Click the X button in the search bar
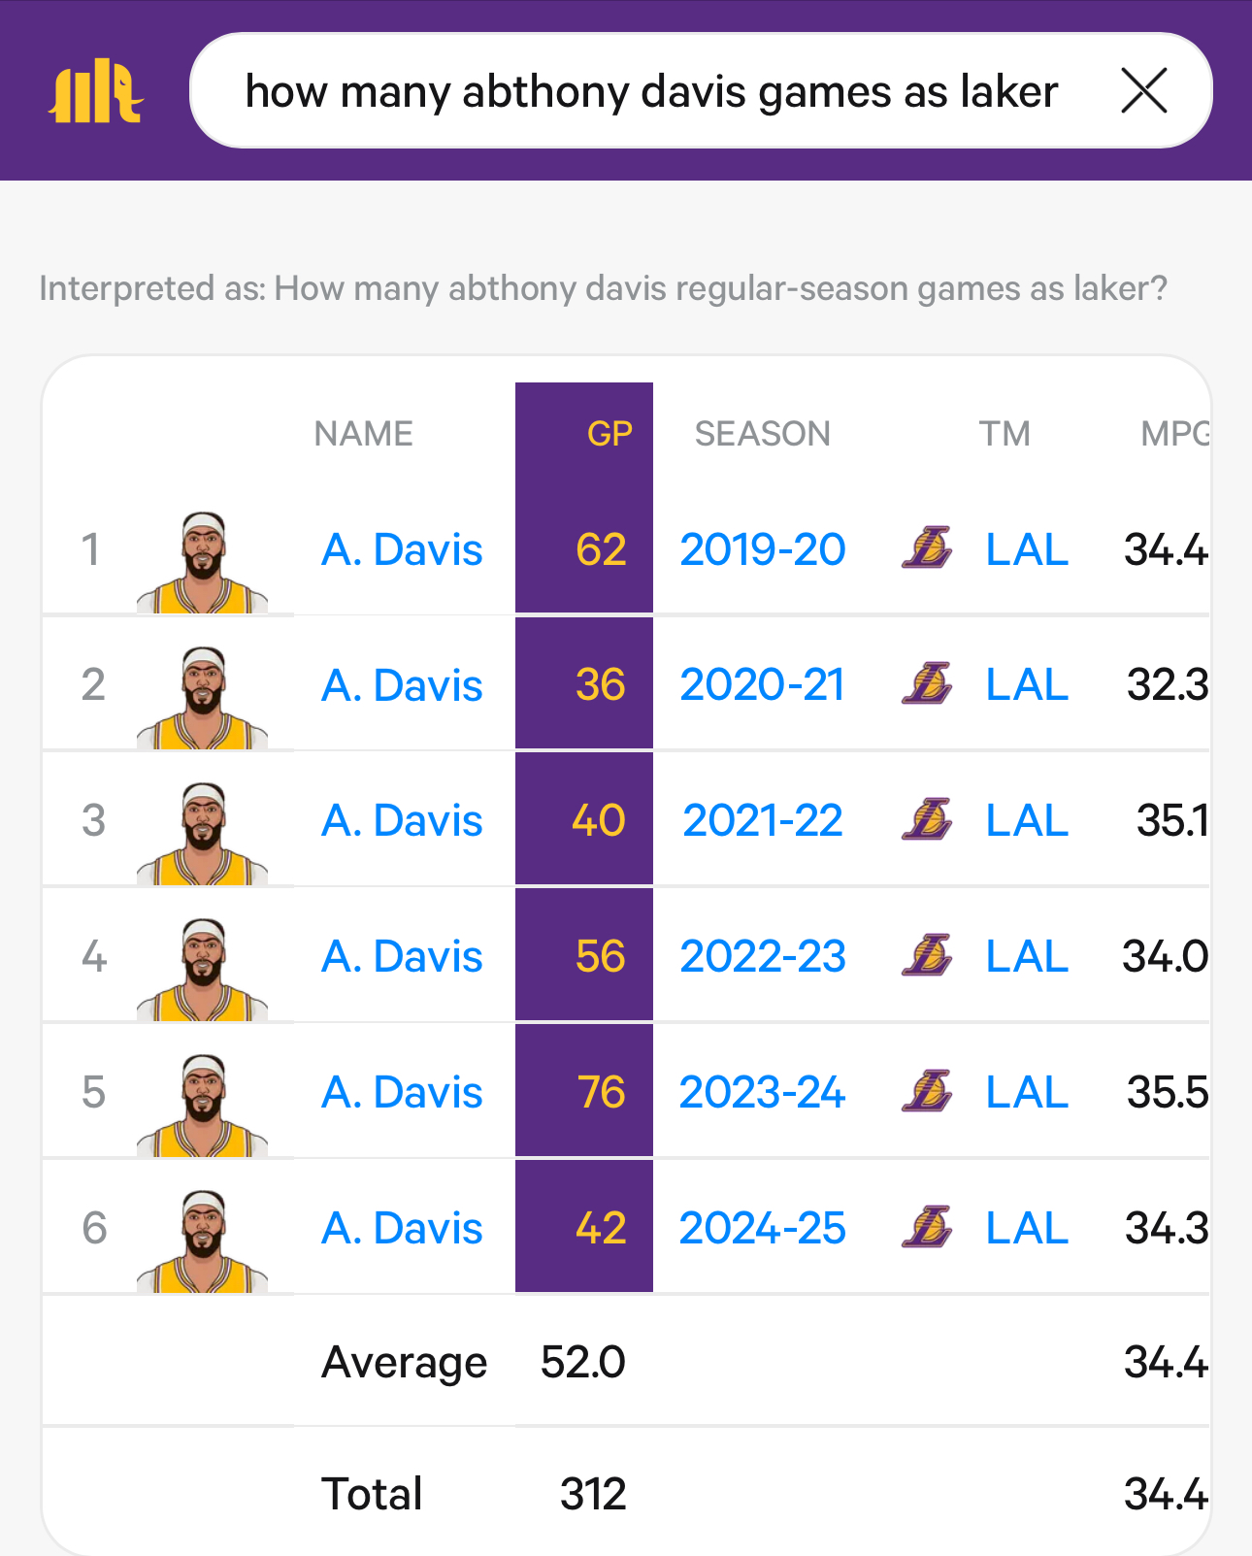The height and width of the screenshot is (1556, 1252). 1143,91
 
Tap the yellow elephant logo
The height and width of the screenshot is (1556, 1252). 96,91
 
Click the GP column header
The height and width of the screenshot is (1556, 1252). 610,434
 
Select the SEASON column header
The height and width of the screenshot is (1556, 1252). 762,434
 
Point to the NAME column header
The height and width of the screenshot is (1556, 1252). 363,434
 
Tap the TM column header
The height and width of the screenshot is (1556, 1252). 1004,434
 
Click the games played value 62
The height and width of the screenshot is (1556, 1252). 601,550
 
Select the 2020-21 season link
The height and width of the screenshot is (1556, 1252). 762,685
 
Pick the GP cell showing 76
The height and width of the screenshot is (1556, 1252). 601,1093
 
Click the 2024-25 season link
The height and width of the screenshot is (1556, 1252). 762,1229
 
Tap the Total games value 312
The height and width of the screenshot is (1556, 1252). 593,1494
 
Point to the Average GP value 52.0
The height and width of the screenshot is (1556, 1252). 582,1362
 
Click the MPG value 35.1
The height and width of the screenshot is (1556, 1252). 1172,821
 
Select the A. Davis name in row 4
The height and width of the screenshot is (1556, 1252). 402,957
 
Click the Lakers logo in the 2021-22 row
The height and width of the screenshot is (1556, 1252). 927,820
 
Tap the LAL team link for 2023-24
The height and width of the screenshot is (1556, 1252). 1027,1093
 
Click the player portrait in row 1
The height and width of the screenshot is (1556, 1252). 203,563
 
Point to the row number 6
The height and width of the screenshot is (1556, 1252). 94,1229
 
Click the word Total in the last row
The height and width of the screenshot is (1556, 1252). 372,1494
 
